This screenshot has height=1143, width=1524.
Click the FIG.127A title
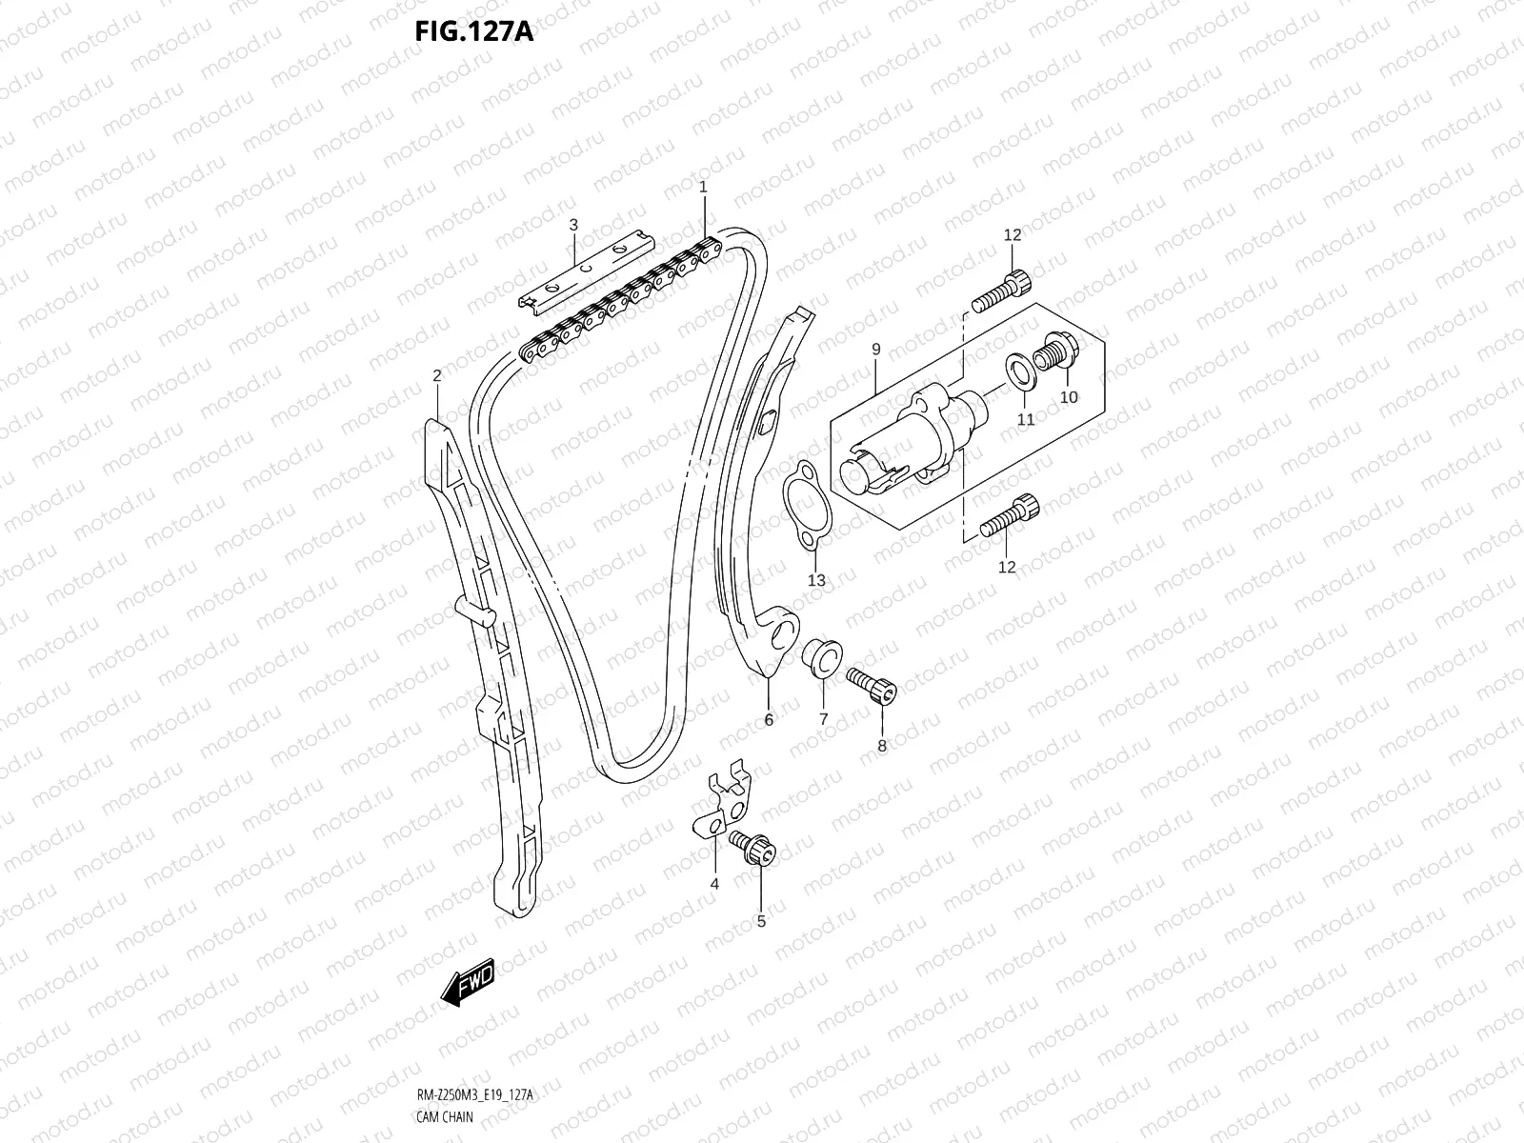click(474, 31)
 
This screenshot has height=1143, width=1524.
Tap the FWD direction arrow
click(469, 983)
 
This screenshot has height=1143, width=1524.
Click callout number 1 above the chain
click(703, 187)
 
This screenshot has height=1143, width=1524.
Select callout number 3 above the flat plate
click(573, 225)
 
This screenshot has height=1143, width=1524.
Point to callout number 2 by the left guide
click(436, 375)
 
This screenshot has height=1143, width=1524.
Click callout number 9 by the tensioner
click(876, 350)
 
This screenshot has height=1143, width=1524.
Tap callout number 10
click(1069, 397)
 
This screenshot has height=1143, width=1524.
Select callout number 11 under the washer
click(1026, 419)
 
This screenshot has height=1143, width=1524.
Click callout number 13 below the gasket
click(816, 580)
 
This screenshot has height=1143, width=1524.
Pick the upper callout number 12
click(1013, 235)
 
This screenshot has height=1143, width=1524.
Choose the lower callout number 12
click(1007, 567)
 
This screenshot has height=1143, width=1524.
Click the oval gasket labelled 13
click(807, 506)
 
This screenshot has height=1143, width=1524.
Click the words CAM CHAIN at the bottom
click(445, 1116)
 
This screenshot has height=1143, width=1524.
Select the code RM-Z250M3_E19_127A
click(475, 1094)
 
